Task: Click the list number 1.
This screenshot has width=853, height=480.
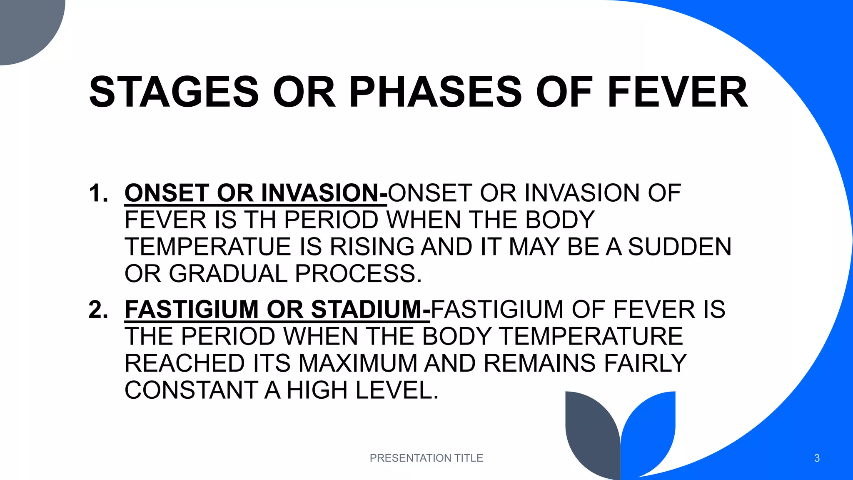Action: [98, 193]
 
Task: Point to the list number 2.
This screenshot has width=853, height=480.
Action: [98, 310]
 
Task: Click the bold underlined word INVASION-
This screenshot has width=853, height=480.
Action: [324, 193]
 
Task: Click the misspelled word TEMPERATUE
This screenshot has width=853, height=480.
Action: [208, 247]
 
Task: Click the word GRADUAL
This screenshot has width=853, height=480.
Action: [228, 274]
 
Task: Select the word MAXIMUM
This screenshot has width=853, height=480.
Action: [358, 363]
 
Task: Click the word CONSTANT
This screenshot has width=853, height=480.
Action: [191, 390]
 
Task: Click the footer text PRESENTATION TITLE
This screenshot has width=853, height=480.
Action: [426, 458]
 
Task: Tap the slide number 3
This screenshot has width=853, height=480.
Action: [817, 458]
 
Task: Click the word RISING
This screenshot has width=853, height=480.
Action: [372, 247]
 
